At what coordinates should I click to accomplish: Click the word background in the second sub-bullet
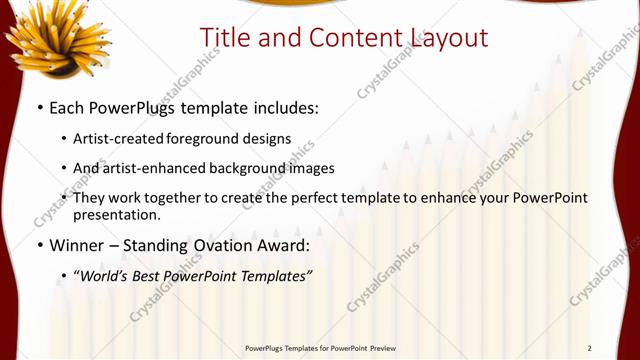(259, 168)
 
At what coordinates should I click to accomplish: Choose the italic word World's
(107, 274)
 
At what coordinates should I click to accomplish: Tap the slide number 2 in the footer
(589, 347)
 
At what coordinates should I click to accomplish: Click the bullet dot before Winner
(39, 244)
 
